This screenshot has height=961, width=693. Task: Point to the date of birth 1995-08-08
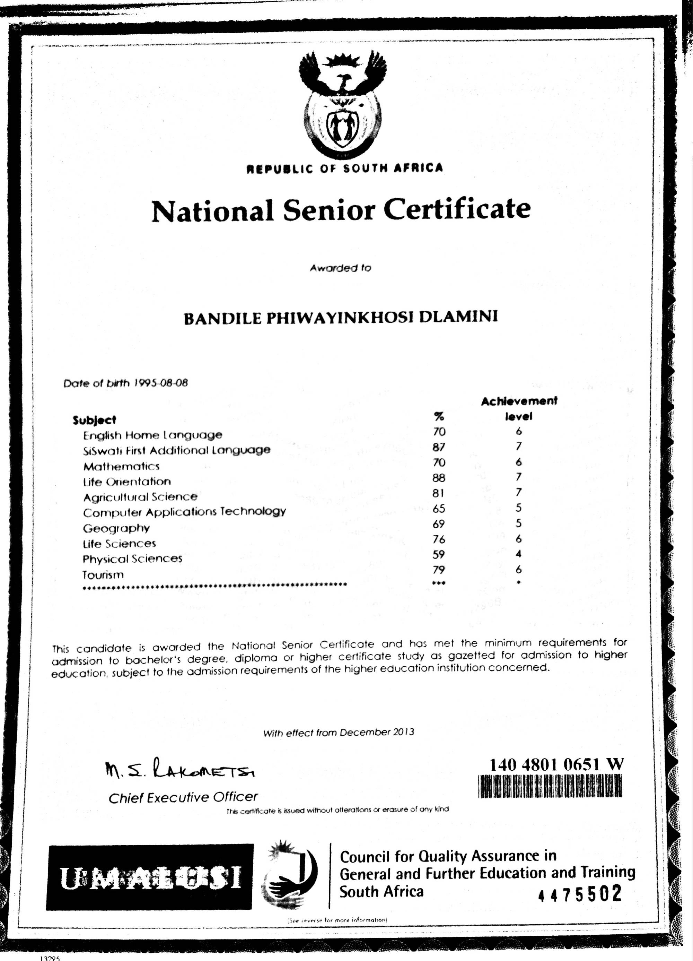160,383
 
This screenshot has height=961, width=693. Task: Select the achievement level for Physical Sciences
518,554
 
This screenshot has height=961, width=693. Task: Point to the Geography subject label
116,528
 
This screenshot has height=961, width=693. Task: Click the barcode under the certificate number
550,786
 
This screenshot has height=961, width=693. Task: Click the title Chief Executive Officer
183,798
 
